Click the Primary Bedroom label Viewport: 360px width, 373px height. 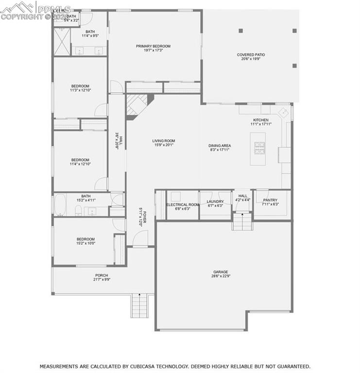tap(153, 46)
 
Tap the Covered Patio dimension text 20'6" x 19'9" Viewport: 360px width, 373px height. tap(251, 59)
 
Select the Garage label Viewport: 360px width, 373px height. tap(220, 272)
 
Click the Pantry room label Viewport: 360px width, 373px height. tap(270, 200)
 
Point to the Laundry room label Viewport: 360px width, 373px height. tap(215, 201)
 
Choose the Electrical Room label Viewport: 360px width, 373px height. tap(183, 205)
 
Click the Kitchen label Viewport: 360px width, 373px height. tap(260, 120)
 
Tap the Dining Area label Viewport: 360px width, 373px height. tap(220, 146)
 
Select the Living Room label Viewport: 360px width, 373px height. tap(164, 141)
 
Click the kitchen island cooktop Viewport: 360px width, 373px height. tap(259, 146)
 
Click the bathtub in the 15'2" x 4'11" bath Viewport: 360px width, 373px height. tap(59, 205)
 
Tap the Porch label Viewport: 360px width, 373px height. tap(102, 275)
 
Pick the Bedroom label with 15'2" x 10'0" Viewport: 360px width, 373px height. tap(86, 239)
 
